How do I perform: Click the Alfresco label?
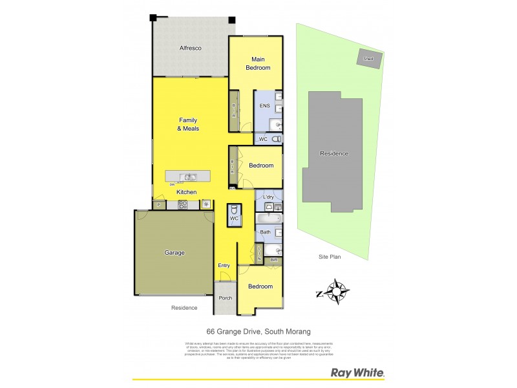coord(191,48)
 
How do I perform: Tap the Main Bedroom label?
coord(257,63)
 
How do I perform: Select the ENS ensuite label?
coord(264,105)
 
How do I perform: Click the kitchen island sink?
coord(189,177)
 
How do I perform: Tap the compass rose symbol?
coord(336,292)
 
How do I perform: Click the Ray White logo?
coord(358,372)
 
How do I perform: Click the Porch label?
coord(226,298)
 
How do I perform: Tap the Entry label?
coord(224,265)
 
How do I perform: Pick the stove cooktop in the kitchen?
coord(183,205)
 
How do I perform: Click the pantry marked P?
coord(159,205)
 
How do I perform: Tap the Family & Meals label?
coord(188,124)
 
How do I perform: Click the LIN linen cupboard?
coord(260,252)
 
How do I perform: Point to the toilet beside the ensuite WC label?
coord(277,139)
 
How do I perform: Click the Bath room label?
coord(265,232)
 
